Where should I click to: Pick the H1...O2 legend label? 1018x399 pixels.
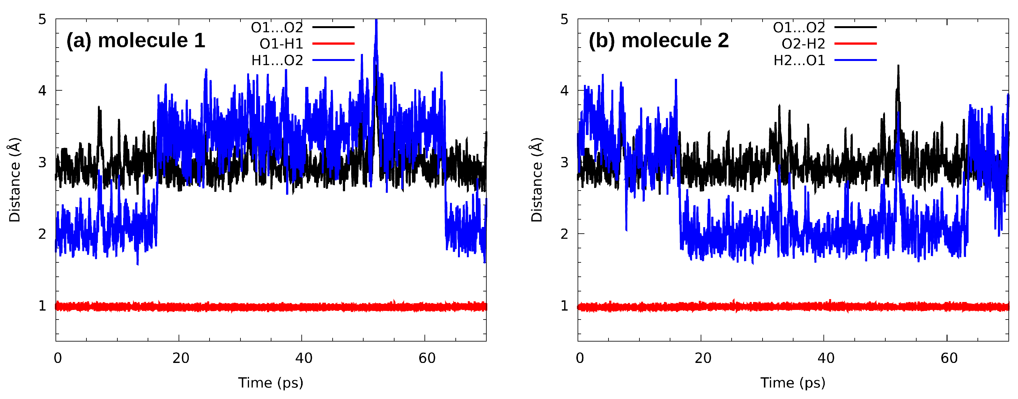(x=277, y=61)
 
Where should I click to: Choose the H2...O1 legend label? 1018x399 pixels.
(x=799, y=61)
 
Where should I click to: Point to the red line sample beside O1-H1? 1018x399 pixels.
(x=333, y=43)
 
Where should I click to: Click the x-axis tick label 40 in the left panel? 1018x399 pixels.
(x=304, y=358)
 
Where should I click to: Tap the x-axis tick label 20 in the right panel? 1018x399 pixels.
(x=703, y=358)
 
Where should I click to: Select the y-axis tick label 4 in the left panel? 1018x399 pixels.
(x=42, y=91)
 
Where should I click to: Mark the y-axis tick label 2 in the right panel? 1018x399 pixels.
(x=564, y=234)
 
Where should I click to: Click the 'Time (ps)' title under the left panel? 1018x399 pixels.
(x=271, y=383)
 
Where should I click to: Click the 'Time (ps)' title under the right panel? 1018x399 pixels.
(x=793, y=383)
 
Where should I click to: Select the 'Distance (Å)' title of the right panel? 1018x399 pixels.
(x=537, y=180)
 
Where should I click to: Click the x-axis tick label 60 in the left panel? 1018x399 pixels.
(x=427, y=358)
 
